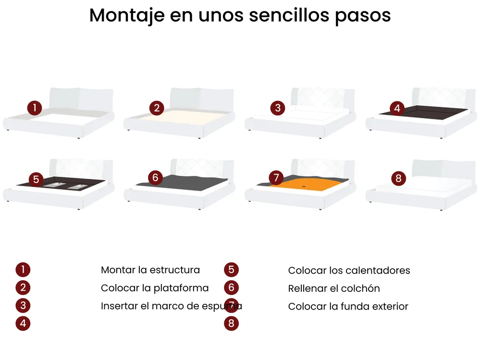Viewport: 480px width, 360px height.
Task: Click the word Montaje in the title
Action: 127,15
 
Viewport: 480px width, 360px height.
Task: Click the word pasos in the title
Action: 363,15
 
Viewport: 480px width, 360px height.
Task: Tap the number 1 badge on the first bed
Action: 35,108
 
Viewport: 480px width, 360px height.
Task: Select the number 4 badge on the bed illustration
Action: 397,108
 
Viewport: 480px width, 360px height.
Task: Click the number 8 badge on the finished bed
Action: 399,178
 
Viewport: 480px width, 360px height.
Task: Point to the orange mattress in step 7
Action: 305,185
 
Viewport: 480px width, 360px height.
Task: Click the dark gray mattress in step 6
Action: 184,183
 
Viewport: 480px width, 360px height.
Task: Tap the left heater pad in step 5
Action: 53,185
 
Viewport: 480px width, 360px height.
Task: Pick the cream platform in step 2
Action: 181,118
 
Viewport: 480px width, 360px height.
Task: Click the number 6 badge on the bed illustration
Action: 155,177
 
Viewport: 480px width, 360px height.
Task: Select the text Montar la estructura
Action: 150,270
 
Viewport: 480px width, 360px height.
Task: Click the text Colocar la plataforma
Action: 155,288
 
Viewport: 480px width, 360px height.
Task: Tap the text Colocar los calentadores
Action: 349,271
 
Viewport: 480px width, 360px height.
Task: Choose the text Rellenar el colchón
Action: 334,288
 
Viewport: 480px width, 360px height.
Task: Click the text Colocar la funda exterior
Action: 348,307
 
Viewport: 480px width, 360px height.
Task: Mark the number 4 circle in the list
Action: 23,323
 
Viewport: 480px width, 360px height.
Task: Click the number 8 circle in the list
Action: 231,323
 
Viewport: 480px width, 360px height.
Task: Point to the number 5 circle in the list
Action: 231,269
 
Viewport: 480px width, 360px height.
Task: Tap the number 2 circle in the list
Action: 23,287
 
